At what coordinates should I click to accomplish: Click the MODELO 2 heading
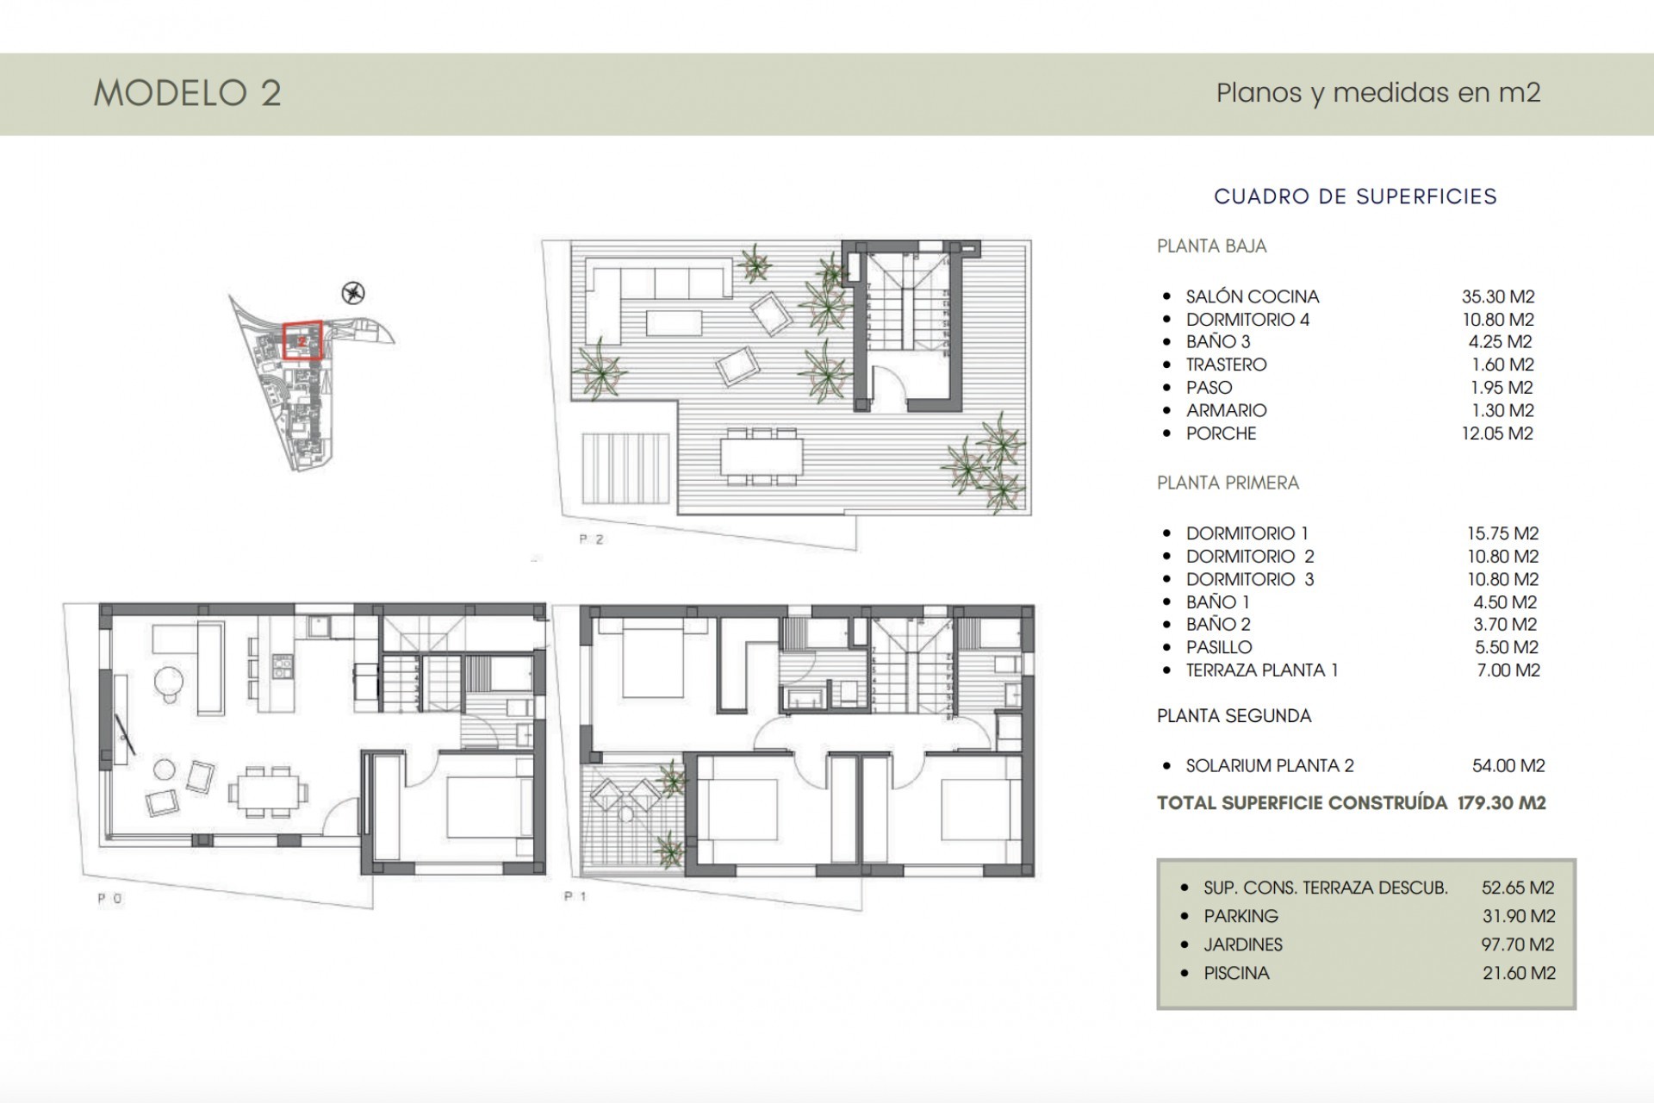[187, 93]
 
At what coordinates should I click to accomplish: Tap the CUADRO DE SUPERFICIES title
[1355, 196]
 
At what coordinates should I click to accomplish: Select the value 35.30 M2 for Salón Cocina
[1498, 296]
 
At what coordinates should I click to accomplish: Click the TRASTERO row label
[1226, 365]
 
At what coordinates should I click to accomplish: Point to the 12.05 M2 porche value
[1497, 433]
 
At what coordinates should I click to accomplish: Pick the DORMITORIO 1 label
[1247, 533]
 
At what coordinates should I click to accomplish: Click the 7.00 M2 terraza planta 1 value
[1508, 670]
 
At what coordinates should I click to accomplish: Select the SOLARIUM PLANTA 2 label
[1269, 765]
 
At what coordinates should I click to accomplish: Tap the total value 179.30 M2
[1502, 803]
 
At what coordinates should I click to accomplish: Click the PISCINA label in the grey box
[1236, 973]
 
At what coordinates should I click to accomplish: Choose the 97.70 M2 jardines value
[1518, 944]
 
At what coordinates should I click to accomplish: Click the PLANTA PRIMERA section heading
[1228, 483]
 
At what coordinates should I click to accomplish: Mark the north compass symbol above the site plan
[353, 293]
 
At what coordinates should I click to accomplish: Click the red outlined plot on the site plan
[302, 340]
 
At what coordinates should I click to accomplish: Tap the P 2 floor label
[591, 539]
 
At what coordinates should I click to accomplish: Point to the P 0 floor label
[109, 898]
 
